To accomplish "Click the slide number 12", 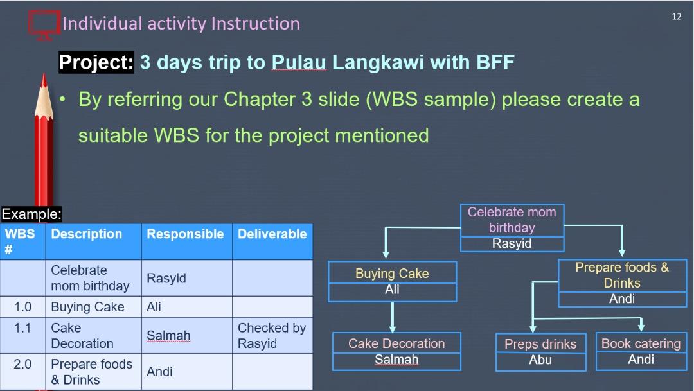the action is point(676,17).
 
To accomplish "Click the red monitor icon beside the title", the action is point(44,25).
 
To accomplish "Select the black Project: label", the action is point(96,62).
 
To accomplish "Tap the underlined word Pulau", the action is point(299,62).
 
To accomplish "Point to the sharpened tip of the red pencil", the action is point(44,74).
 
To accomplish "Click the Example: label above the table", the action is point(31,214).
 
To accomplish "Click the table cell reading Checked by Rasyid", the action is point(272,335).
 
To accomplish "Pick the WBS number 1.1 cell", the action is point(22,335).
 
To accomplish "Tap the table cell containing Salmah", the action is point(187,335).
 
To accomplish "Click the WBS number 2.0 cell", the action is point(22,372).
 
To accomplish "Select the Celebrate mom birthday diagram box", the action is point(512,228).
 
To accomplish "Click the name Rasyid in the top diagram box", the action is point(512,244).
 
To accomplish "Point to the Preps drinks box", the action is point(541,352).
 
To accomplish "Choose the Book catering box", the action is point(641,352).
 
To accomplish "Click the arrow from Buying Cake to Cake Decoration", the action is point(393,317).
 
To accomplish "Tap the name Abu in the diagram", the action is point(540,360).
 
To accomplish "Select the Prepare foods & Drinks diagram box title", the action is point(622,275).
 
